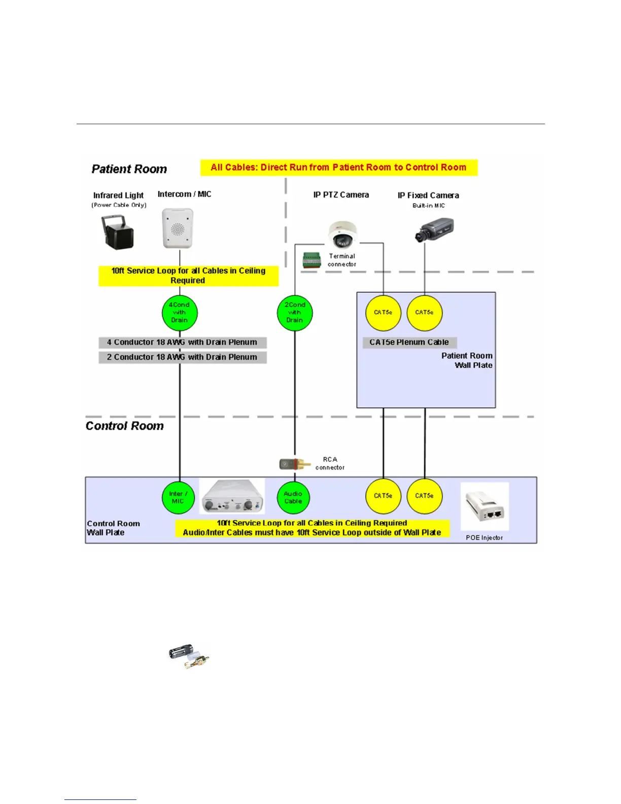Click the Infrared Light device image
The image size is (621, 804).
click(118, 232)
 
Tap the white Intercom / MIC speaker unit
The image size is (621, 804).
click(178, 229)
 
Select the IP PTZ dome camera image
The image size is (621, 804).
click(342, 235)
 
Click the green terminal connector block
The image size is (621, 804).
click(312, 260)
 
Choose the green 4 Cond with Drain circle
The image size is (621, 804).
click(180, 313)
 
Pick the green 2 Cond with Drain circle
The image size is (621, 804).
click(295, 313)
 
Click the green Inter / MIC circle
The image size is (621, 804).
click(178, 497)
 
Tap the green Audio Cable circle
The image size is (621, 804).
click(293, 497)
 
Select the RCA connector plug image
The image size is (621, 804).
click(295, 463)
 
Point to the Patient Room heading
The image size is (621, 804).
click(129, 169)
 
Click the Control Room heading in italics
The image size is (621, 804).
click(125, 426)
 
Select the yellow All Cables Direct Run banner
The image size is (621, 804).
click(338, 167)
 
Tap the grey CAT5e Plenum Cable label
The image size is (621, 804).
click(409, 343)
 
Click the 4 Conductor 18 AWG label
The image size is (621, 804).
click(182, 343)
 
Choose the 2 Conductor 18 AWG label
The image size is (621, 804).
click(182, 357)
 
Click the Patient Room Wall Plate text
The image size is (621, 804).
click(467, 360)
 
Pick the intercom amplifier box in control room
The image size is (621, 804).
click(232, 496)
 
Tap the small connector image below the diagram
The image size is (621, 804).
click(189, 656)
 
